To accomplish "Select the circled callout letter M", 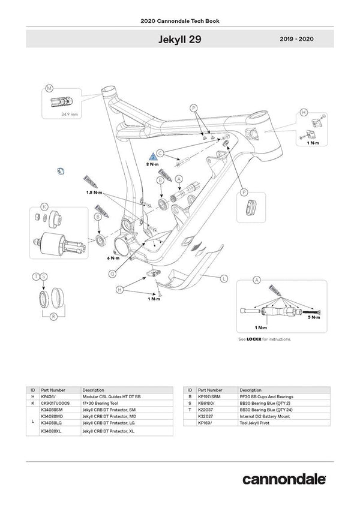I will click(x=49, y=89).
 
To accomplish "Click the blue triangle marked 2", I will click(x=152, y=156).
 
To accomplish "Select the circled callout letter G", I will click(x=112, y=273).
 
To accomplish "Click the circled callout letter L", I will click(x=223, y=278).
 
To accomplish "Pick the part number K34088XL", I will click(x=51, y=431).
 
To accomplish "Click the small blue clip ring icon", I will click(x=59, y=173).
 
